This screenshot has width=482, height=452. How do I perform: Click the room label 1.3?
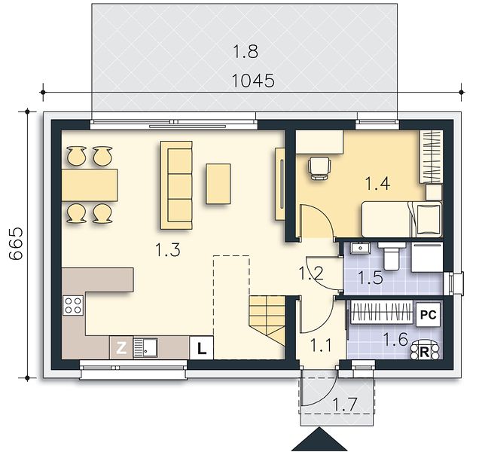168,249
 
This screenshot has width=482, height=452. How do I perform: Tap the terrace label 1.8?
246,51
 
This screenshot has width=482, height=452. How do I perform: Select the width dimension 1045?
253,81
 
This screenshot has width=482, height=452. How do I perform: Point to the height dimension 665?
16,244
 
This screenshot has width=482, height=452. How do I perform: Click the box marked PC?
429,315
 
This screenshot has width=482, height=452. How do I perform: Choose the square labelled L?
201,348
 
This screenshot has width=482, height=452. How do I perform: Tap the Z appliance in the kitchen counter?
121,348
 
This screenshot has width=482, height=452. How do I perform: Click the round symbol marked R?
425,350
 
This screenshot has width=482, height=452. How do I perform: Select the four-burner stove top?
73,305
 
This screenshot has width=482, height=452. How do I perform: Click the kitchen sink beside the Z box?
145,348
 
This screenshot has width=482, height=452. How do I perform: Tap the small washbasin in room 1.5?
359,248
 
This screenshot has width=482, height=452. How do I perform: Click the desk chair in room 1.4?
319,167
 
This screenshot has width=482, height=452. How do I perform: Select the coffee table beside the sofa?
218,184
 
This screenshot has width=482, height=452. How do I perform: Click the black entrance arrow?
319,439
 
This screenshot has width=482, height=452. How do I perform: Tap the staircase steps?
267,320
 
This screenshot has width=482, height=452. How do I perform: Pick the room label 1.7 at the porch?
345,404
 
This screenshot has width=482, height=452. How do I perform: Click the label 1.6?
395,339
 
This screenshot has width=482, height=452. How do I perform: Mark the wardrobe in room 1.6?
382,312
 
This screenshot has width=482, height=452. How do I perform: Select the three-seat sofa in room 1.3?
176,185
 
